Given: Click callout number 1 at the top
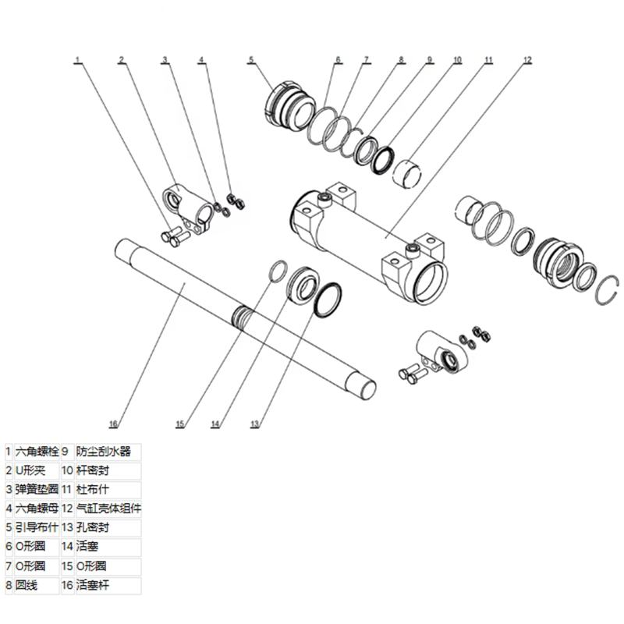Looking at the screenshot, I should click(x=78, y=59).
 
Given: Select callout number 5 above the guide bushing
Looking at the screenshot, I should click(x=251, y=59).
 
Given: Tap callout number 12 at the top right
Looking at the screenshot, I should click(x=527, y=59).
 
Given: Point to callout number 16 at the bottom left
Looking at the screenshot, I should click(x=113, y=424).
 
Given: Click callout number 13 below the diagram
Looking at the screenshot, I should click(x=254, y=424).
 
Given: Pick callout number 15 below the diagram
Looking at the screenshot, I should click(x=179, y=424).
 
